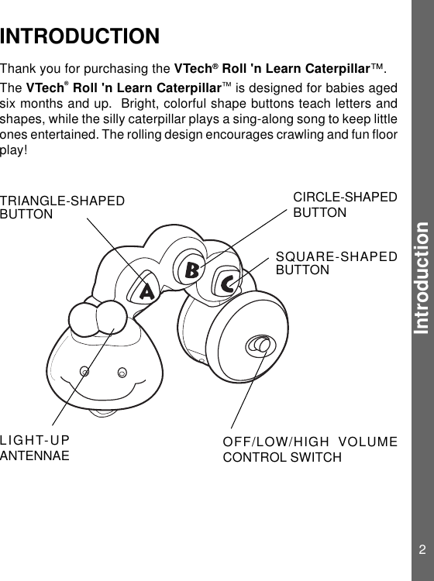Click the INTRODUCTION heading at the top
[x=81, y=36]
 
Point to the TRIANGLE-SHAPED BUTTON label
[x=62, y=208]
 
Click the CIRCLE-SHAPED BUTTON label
[x=345, y=205]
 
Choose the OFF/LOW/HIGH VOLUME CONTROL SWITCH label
[x=310, y=449]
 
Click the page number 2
[x=422, y=551]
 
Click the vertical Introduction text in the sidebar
[x=422, y=277]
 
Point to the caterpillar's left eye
[x=84, y=370]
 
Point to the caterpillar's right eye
[x=122, y=373]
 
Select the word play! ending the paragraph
[x=14, y=150]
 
